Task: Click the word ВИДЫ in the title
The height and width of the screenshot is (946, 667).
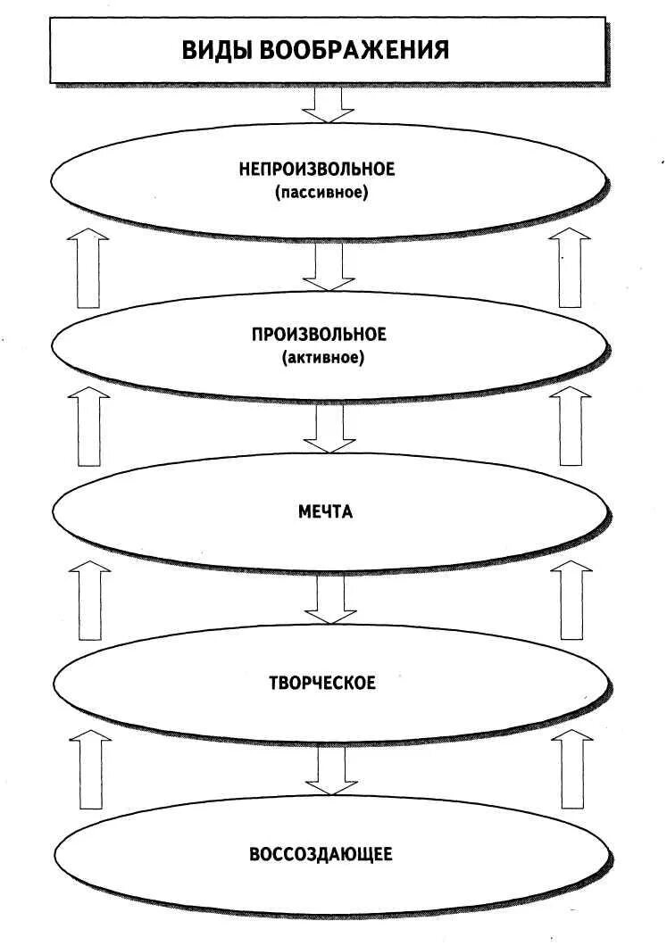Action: [218, 49]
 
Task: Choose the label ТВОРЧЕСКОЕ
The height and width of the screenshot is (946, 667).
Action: [322, 684]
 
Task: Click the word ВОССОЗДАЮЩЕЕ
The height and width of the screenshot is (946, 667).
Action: [321, 855]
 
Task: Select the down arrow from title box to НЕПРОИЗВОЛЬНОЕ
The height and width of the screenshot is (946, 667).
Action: [328, 105]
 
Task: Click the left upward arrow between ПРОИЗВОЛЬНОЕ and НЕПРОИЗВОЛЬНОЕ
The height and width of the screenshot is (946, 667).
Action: [88, 268]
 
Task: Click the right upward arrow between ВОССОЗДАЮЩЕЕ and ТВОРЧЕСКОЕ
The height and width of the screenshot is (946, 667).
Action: [571, 769]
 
